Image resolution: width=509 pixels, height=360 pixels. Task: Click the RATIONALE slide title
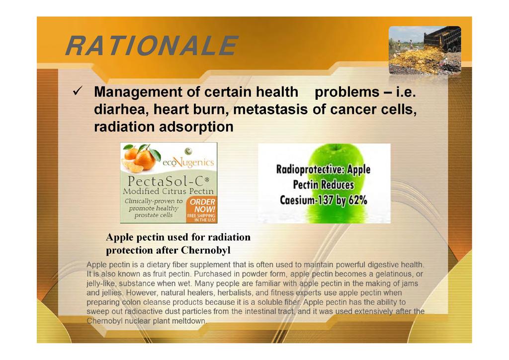[152, 46]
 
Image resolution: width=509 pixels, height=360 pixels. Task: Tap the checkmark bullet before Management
[78, 91]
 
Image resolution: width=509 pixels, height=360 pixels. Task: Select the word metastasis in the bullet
[270, 109]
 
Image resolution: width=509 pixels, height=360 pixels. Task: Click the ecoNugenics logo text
[188, 162]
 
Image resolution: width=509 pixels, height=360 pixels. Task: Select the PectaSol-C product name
[169, 180]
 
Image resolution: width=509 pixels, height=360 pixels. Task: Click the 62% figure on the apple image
[358, 200]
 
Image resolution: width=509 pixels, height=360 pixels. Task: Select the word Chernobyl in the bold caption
[205, 250]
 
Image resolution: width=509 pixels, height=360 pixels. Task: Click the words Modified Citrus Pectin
[169, 191]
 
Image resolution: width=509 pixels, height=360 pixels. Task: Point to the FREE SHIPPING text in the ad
[201, 215]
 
